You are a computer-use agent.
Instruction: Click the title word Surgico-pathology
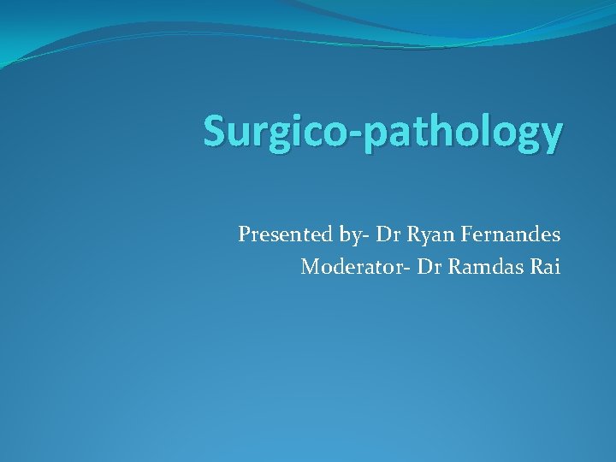click(383, 133)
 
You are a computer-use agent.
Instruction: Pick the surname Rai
click(545, 267)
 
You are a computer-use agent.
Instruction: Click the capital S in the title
click(214, 132)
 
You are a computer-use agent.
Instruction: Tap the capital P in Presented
click(245, 234)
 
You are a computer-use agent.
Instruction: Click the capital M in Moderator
click(309, 267)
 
